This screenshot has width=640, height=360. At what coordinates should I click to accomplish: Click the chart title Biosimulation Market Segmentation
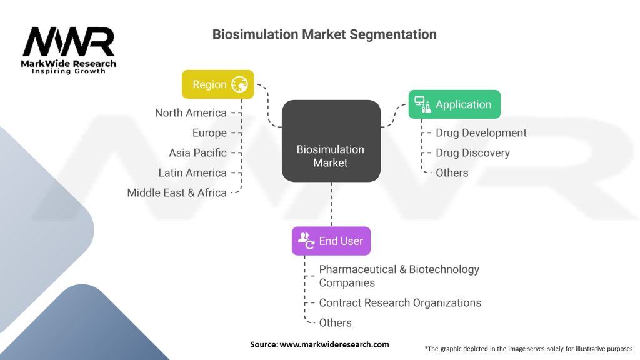click(324, 34)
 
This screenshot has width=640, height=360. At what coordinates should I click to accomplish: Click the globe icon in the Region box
click(240, 84)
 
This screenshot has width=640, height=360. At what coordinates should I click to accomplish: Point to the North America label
click(191, 112)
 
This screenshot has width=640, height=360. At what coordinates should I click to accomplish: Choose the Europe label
click(209, 132)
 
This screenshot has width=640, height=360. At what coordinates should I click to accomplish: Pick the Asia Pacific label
click(197, 152)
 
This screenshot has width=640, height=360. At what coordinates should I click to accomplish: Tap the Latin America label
click(192, 172)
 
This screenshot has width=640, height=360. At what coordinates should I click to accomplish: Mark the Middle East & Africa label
click(177, 192)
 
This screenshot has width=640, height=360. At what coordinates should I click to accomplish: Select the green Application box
click(454, 104)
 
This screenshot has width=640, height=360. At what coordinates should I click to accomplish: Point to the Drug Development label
click(481, 132)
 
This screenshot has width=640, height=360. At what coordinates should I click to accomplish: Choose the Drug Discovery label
click(472, 152)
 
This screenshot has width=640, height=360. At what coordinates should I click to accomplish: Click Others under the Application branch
click(452, 172)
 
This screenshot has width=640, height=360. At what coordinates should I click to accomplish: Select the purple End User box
click(331, 241)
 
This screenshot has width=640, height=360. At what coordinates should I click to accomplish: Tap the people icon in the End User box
click(306, 241)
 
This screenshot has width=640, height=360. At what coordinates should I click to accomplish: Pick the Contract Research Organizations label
click(400, 302)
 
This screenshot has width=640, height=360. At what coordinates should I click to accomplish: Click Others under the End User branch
click(335, 322)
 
